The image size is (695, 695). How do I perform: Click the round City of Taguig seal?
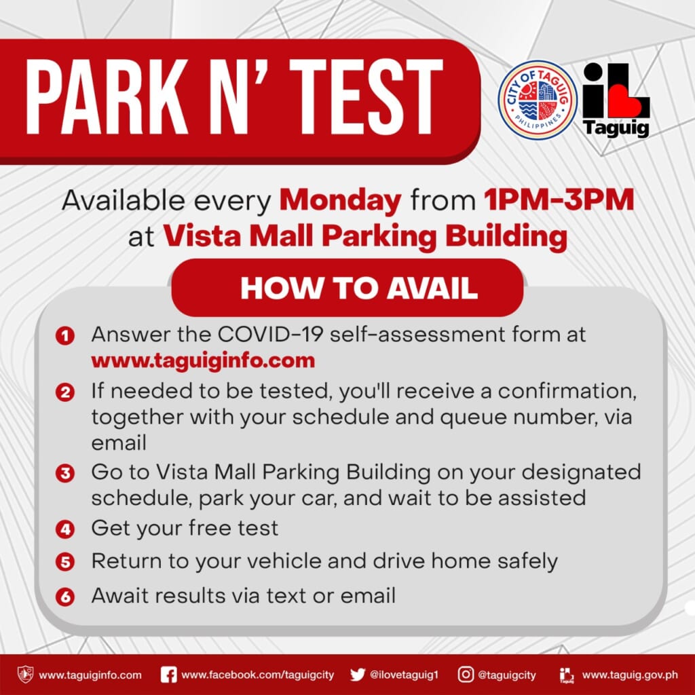[538, 100]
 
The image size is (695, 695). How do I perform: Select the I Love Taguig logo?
[616, 100]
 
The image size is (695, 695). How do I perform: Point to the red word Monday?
[340, 202]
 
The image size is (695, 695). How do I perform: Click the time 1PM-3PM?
[559, 202]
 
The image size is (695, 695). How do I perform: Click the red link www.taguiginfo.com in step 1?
[203, 360]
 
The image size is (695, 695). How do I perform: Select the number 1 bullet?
[65, 335]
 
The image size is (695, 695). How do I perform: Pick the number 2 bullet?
[65, 393]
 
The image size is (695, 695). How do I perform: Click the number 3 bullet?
[65, 473]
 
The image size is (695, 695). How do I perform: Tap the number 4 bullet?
[65, 528]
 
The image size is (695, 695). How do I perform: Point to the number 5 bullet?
[65, 563]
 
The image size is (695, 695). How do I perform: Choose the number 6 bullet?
[65, 597]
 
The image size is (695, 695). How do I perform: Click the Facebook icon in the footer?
[169, 675]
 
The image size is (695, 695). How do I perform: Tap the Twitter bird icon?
[358, 675]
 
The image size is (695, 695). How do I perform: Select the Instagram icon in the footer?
[466, 675]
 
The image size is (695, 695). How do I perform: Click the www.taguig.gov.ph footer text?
[630, 675]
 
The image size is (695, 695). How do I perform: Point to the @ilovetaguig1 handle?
[405, 675]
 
